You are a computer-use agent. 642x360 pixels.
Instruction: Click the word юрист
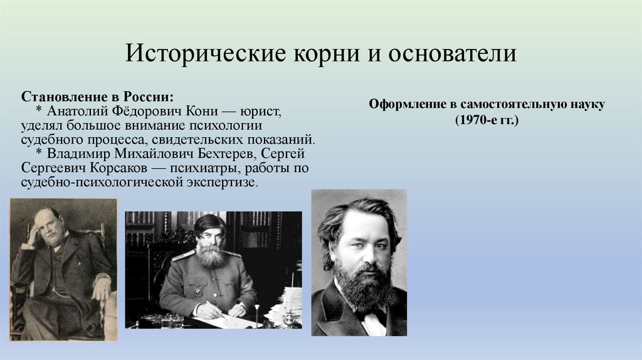261,111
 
